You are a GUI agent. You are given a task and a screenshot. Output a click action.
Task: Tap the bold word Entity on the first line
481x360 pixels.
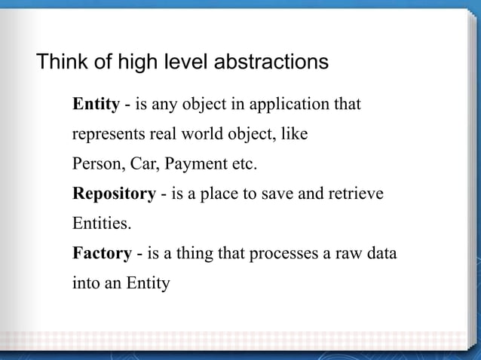click(x=96, y=104)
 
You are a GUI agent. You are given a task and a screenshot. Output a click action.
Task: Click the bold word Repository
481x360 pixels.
click(x=114, y=194)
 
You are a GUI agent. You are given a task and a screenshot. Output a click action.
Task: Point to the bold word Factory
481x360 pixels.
click(x=102, y=253)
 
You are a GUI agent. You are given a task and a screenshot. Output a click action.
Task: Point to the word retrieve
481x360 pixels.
click(x=358, y=194)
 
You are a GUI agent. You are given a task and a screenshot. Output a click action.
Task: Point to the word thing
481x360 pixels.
click(x=195, y=254)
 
